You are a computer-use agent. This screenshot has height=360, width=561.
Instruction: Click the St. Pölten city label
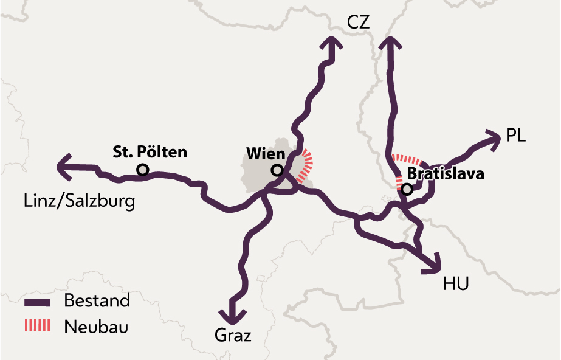(150, 152)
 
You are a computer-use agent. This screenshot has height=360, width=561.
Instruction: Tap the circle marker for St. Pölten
(143, 170)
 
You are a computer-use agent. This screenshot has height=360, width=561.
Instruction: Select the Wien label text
(266, 153)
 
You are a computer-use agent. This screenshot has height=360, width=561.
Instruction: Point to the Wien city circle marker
(277, 170)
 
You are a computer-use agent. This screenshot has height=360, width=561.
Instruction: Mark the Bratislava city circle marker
(407, 189)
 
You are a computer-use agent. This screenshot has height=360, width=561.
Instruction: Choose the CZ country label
(359, 22)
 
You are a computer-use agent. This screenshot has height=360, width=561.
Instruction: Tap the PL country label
(515, 135)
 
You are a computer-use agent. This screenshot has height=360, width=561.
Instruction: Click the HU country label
(456, 283)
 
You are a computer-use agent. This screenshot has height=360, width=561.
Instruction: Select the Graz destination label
(233, 335)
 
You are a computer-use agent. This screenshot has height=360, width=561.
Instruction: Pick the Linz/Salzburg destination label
(79, 201)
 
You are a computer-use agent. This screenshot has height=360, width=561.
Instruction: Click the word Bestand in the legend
(97, 301)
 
